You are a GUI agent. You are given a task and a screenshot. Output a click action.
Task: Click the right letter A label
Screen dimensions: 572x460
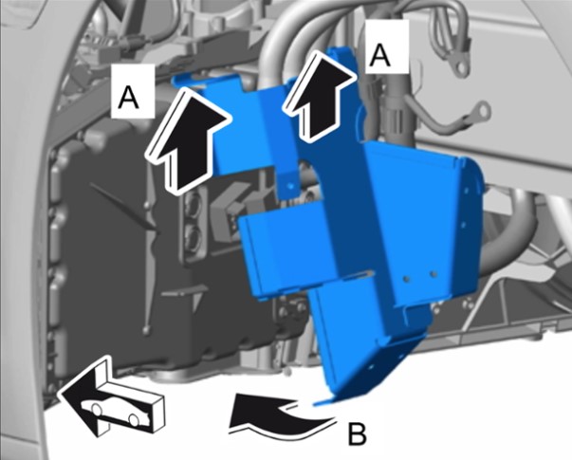point(379,54)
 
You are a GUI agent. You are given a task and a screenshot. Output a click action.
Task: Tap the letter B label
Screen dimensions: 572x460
point(357,433)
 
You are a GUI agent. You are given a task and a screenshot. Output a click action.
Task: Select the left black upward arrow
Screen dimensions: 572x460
point(188,140)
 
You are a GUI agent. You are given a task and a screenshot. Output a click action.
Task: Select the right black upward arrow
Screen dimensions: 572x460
point(319,96)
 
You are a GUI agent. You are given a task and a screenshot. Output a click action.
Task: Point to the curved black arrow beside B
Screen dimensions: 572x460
point(281,415)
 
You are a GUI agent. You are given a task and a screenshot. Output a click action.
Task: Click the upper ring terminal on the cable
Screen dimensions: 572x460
point(460,66)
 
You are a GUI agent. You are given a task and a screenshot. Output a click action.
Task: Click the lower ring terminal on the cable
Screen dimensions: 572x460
point(482,111)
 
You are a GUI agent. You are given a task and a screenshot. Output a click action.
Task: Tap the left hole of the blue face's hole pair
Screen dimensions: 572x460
point(406,279)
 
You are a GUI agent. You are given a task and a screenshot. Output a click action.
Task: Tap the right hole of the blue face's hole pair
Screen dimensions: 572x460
point(433,273)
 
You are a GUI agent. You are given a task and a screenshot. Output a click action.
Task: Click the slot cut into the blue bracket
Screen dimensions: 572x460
point(360,274)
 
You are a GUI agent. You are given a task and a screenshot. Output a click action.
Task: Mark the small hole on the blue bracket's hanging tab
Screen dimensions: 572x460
point(290,186)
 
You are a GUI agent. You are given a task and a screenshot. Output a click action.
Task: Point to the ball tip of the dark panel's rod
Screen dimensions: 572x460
point(146,330)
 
